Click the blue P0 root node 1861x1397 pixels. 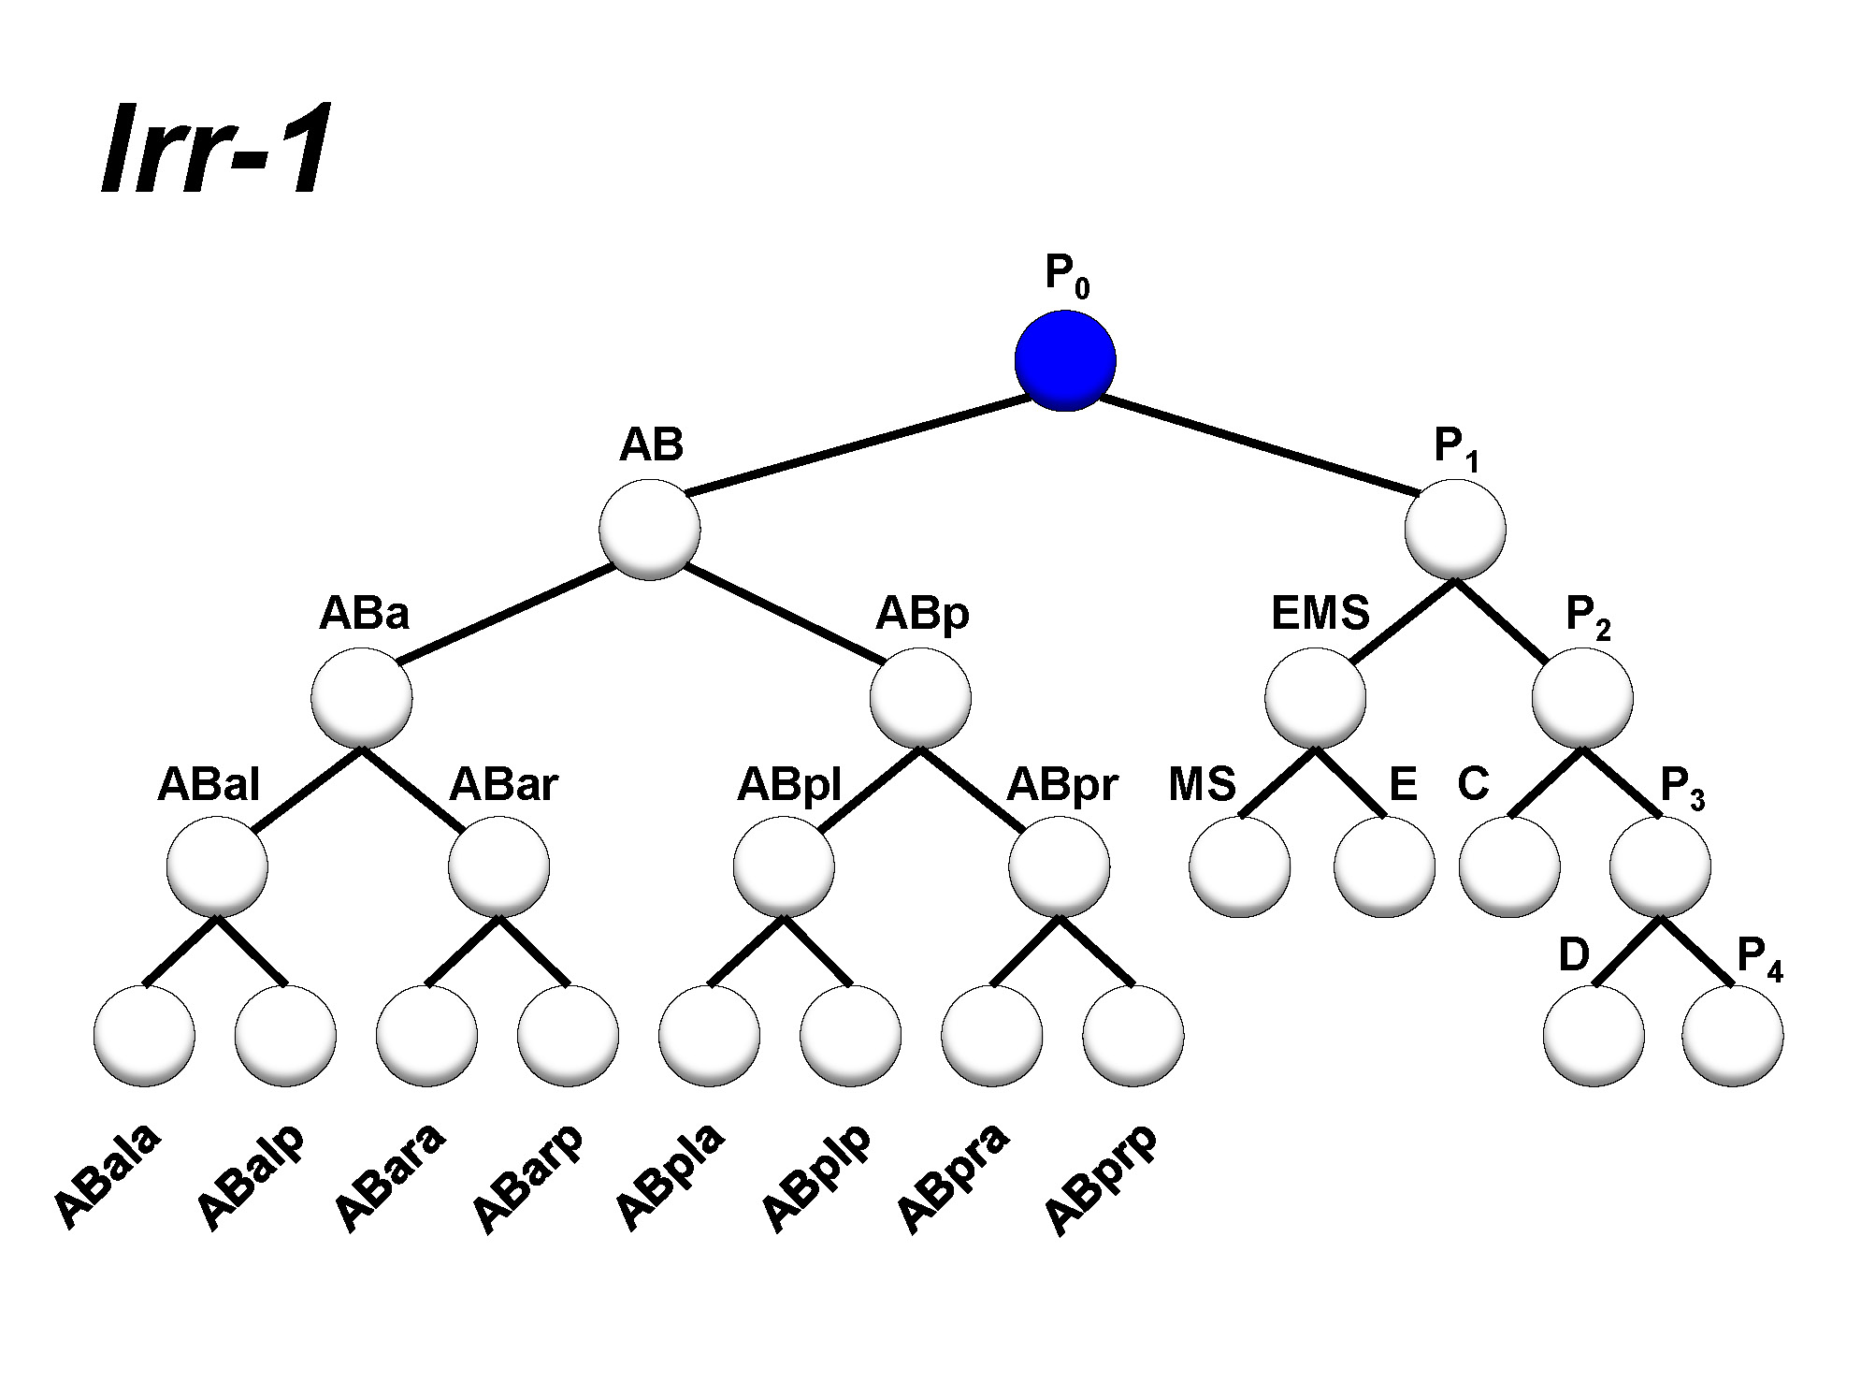[1064, 360]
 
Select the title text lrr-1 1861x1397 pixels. [216, 150]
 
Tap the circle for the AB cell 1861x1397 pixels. [650, 529]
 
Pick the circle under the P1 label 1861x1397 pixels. [1455, 529]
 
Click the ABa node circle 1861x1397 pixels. [362, 698]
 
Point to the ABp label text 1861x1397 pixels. [921, 615]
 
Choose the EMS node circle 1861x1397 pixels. [1315, 698]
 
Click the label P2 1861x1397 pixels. [1587, 617]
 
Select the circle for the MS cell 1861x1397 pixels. [1240, 866]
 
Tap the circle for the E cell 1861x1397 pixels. [1384, 866]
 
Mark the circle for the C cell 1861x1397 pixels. [1509, 866]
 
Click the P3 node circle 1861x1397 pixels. [1660, 866]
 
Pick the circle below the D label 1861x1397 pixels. [1594, 1036]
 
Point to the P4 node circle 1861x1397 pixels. [1732, 1036]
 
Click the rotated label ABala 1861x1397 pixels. [108, 1174]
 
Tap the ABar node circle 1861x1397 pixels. [498, 866]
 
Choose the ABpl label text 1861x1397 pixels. [788, 784]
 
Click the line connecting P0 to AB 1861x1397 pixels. [856, 444]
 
